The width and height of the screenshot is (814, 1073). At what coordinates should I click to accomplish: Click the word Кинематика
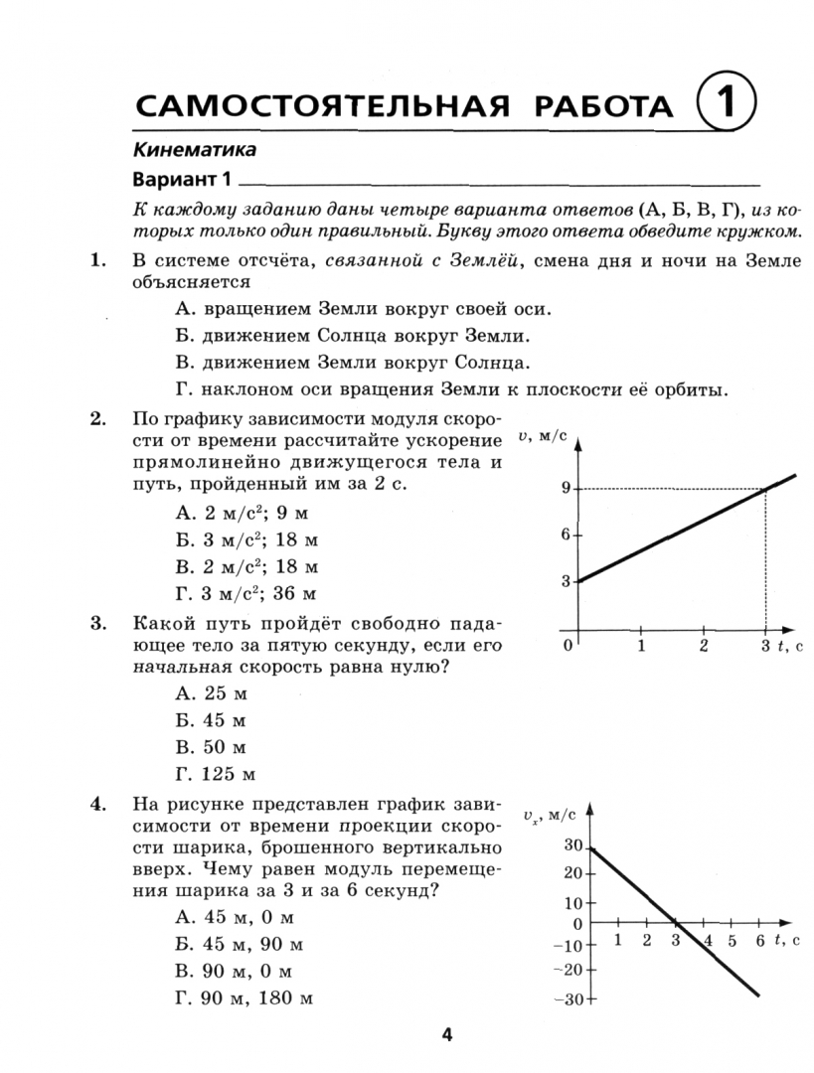194,150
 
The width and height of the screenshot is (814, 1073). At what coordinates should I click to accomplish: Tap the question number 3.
98,624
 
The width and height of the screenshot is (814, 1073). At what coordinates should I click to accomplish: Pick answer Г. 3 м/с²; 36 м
245,594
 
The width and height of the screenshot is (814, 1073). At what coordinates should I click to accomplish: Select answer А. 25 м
210,692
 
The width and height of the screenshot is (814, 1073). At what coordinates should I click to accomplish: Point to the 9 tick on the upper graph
564,488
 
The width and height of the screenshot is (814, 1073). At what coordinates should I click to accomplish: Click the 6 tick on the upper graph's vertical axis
564,535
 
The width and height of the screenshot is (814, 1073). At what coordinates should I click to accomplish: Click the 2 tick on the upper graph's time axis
704,646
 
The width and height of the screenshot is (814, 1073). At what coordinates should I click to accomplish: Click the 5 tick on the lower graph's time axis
733,940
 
